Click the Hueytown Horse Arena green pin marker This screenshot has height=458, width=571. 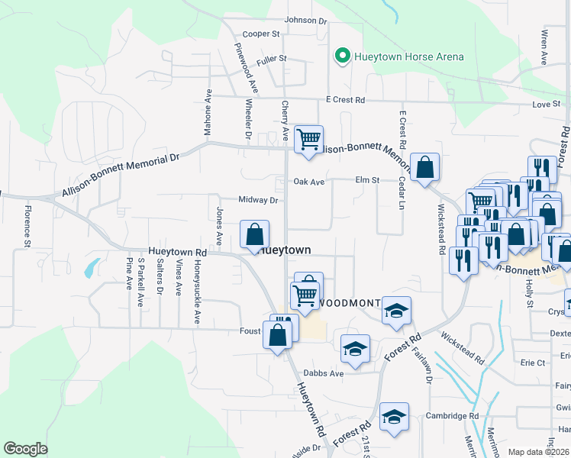343,56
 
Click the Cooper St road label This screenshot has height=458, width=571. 262,34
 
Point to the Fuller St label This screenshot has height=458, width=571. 271,58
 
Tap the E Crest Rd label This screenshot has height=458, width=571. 345,100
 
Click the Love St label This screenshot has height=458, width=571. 547,105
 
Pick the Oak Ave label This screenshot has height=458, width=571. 309,182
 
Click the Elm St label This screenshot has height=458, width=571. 367,180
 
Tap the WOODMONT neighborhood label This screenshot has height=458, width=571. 349,303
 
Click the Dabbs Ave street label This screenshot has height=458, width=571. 324,373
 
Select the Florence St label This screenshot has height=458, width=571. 27,226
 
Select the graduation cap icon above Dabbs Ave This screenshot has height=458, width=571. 354,349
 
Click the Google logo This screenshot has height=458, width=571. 25,449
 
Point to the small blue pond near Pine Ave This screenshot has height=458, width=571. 92,268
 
